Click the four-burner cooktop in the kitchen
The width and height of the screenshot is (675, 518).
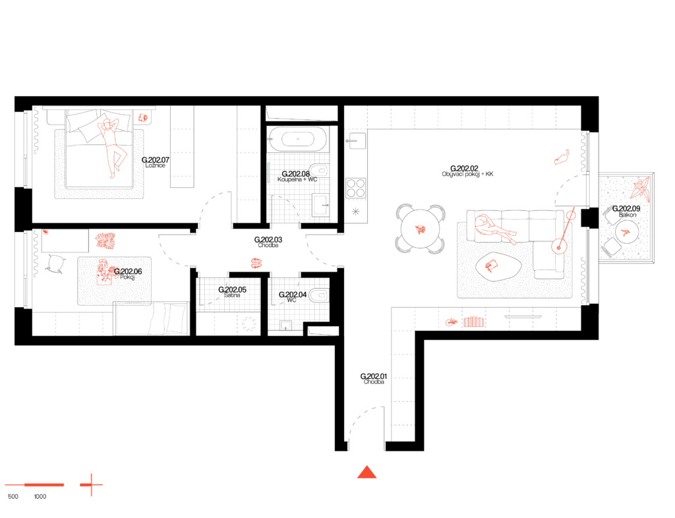pyautogui.click(x=356, y=188)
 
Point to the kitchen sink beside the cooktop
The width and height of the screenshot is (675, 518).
pyautogui.click(x=357, y=140)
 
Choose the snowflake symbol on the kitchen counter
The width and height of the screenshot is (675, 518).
pyautogui.click(x=356, y=212)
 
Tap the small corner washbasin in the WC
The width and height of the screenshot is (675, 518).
pyautogui.click(x=285, y=325)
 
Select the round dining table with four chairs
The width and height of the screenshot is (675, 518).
pyautogui.click(x=421, y=229)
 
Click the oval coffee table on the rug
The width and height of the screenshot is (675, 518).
pyautogui.click(x=498, y=266)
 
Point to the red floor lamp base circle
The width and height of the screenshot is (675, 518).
pyautogui.click(x=559, y=246)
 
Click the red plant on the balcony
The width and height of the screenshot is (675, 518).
pyautogui.click(x=640, y=188)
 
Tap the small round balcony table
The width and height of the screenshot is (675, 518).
pyautogui.click(x=626, y=232)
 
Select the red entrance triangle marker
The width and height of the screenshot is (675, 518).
pyautogui.click(x=367, y=472)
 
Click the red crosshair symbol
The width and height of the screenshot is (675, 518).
pyautogui.click(x=91, y=485)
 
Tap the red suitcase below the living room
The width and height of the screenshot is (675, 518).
pyautogui.click(x=474, y=322)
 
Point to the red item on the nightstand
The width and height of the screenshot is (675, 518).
pyautogui.click(x=142, y=118)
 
